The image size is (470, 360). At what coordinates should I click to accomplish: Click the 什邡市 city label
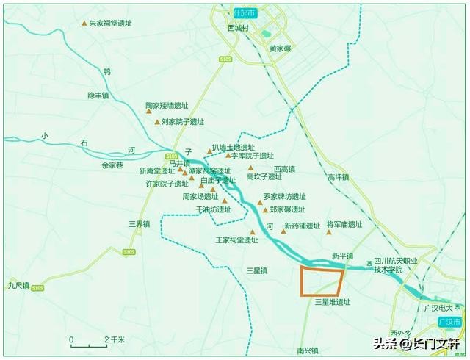pyautogui.click(x=242, y=12)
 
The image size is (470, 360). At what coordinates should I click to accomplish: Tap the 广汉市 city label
pyautogui.click(x=448, y=323)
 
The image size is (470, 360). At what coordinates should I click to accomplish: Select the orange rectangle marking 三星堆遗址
pyautogui.click(x=322, y=282)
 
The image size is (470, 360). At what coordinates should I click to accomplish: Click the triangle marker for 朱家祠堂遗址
pyautogui.click(x=84, y=24)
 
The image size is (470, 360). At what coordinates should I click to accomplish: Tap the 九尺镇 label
pyautogui.click(x=18, y=285)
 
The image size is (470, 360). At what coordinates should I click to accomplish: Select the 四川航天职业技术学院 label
pyautogui.click(x=396, y=265)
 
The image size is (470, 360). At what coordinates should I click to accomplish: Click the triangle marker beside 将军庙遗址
pyautogui.click(x=330, y=233)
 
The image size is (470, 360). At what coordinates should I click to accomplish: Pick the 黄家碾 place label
pyautogui.click(x=281, y=48)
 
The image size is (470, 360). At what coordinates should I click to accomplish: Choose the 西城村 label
pyautogui.click(x=239, y=28)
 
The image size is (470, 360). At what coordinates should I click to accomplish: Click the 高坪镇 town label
pyautogui.click(x=339, y=177)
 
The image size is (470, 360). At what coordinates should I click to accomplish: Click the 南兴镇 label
pyautogui.click(x=308, y=351)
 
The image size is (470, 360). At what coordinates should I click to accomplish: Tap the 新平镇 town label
pyautogui.click(x=343, y=256)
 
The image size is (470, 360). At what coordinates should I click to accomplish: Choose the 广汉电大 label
pyautogui.click(x=441, y=308)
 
